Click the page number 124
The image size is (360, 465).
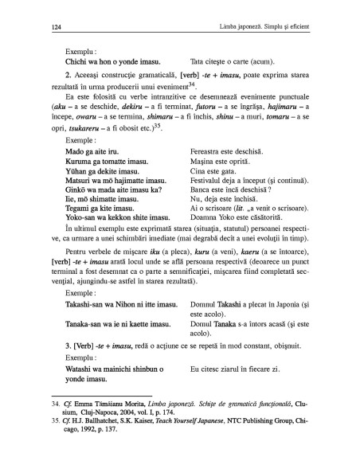pyautogui.click(x=43, y=29)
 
